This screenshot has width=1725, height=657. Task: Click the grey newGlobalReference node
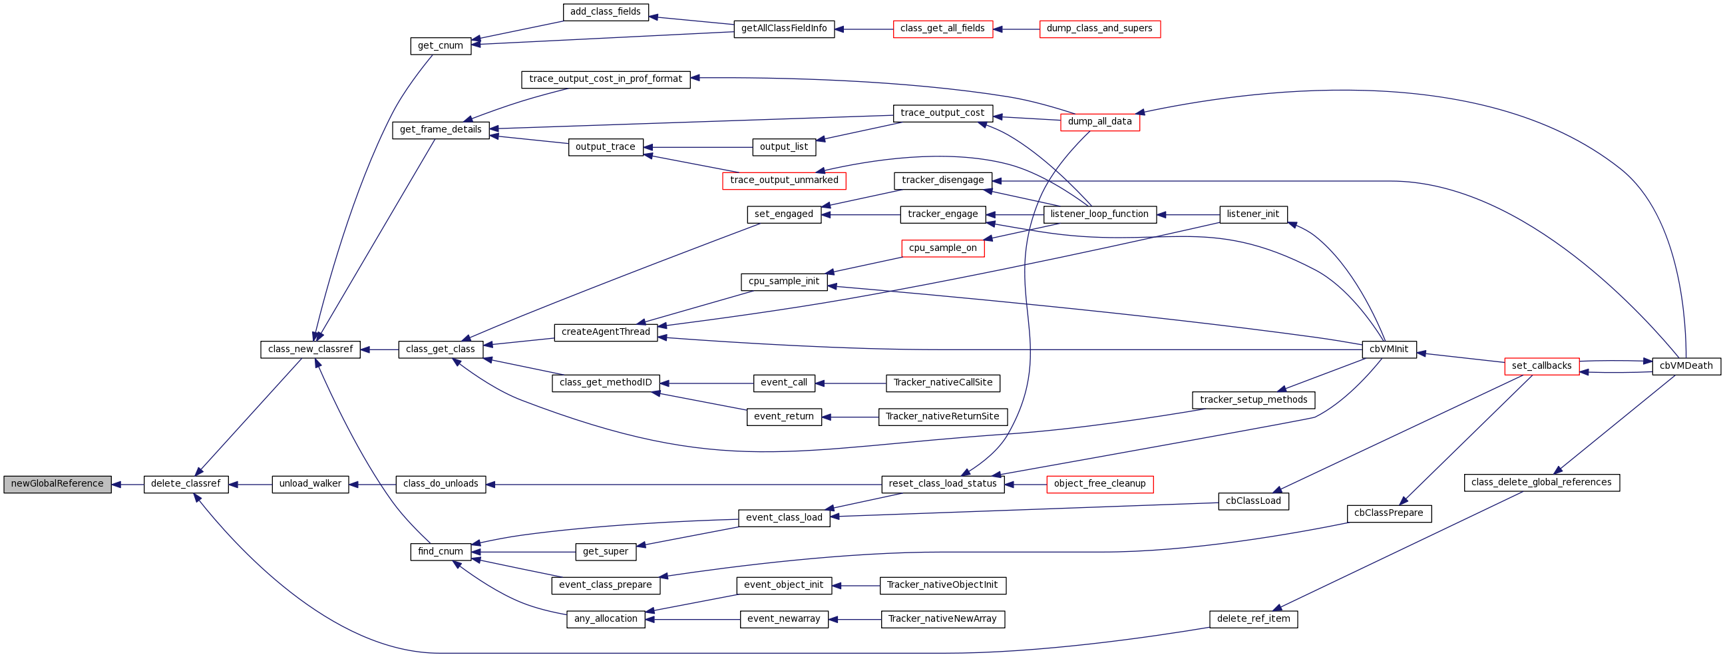(57, 484)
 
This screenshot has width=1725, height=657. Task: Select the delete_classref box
(186, 484)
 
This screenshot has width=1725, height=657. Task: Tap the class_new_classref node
(310, 349)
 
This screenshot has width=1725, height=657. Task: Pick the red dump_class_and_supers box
(1099, 29)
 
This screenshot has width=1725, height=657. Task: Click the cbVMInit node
(1389, 349)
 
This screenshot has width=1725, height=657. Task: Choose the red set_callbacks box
(1541, 366)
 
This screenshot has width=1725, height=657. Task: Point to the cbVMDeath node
(1686, 366)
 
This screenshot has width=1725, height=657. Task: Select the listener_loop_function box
(1099, 214)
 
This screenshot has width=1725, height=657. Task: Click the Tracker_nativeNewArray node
(942, 620)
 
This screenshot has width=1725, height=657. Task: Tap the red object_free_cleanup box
(1099, 484)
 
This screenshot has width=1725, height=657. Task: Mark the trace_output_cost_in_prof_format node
(606, 79)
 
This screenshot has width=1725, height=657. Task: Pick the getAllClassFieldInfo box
(783, 29)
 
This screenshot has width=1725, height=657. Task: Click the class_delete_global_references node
(1541, 483)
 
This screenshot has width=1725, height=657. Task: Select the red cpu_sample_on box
(942, 248)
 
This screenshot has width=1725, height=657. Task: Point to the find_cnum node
(440, 552)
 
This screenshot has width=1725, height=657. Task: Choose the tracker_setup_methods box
(1253, 401)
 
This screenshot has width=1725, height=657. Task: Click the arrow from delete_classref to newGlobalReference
(127, 484)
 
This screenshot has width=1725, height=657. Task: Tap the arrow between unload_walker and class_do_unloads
(372, 484)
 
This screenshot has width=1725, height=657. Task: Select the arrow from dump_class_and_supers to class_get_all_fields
(1016, 29)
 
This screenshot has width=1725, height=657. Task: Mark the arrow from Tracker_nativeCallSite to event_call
(851, 383)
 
